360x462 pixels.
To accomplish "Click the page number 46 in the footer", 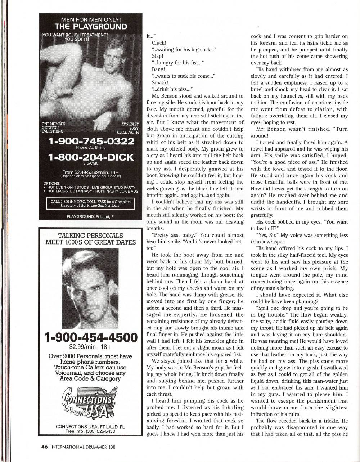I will (x=45, y=447).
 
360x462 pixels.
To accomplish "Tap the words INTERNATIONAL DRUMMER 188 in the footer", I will (x=83, y=447).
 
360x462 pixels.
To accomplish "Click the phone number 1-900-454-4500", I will (x=91, y=337).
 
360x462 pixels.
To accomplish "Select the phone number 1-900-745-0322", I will (x=91, y=141).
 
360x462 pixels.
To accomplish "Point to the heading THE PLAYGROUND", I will (x=91, y=27).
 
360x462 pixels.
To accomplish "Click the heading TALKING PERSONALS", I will (x=91, y=236).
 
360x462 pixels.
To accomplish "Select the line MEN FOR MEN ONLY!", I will (x=91, y=19).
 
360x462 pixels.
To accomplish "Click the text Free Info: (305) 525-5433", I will (x=90, y=431).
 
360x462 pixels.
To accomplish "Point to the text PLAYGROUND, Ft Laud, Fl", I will (x=91, y=216).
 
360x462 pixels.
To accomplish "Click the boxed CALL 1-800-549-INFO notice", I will (x=91, y=203).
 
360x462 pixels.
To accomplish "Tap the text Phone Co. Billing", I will (x=91, y=148).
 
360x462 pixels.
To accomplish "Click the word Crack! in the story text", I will (x=159, y=43).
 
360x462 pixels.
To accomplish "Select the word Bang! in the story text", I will (x=158, y=69).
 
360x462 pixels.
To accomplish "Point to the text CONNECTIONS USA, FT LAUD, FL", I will (x=90, y=426).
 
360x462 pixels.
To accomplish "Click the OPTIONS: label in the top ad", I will (x=52, y=183).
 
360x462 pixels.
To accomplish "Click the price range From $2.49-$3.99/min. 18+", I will (x=91, y=172).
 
